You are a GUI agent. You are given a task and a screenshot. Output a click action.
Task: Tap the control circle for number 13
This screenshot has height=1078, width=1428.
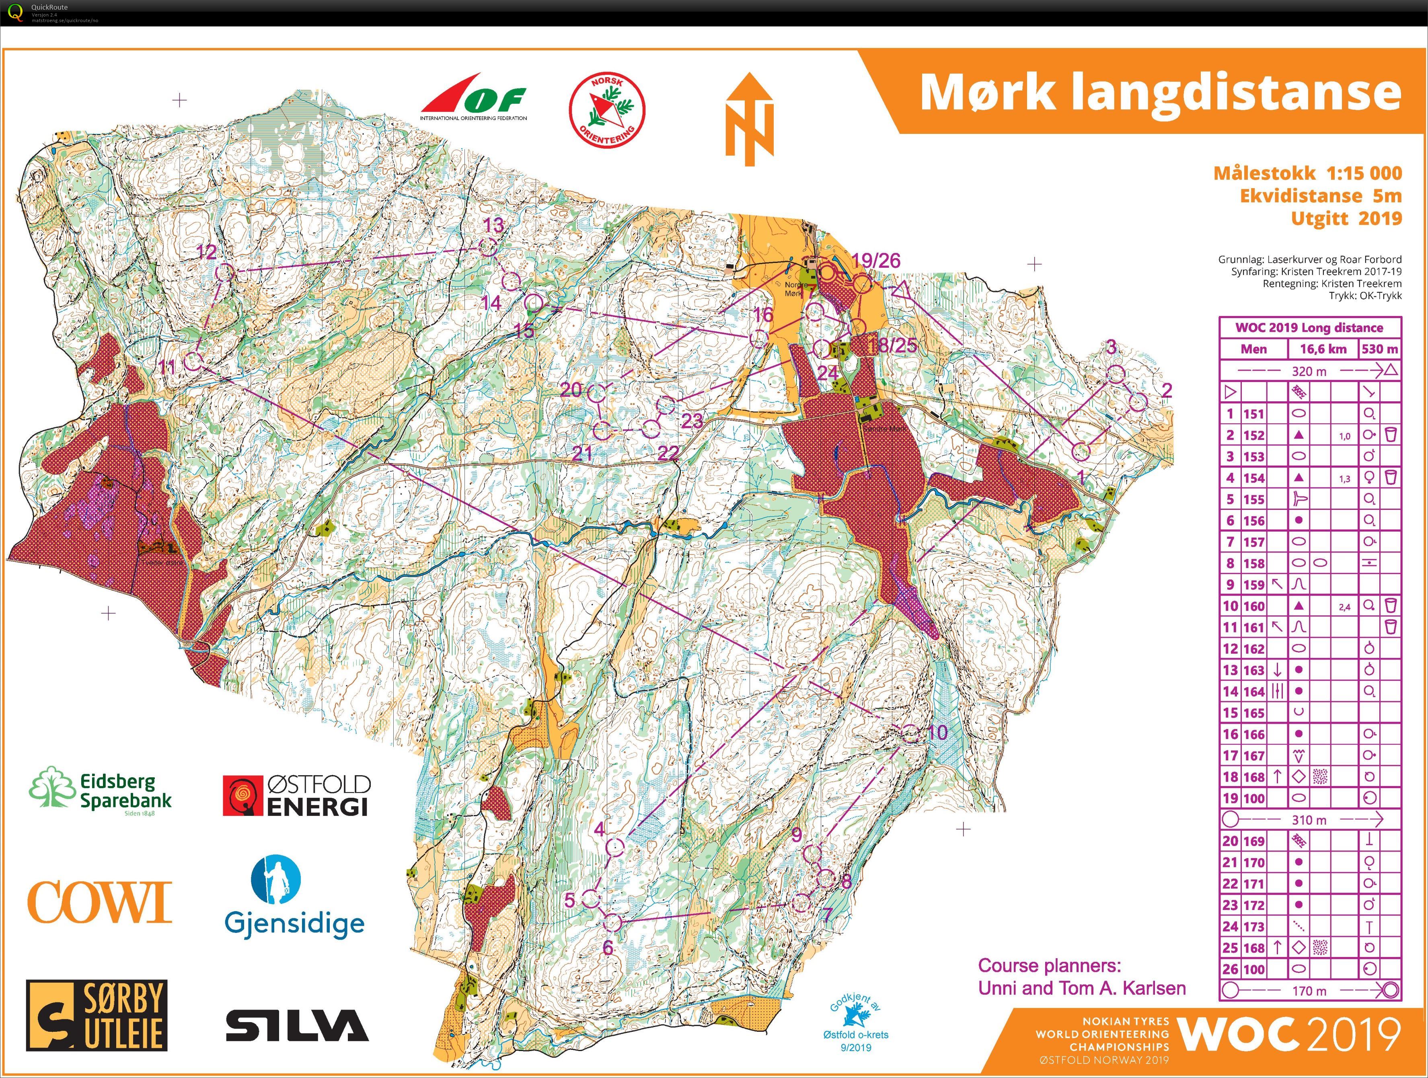pyautogui.click(x=488, y=246)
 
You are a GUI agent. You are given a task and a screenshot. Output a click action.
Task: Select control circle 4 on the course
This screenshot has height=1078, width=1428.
pyautogui.click(x=615, y=847)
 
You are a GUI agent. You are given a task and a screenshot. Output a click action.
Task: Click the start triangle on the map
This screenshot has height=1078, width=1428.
pyautogui.click(x=901, y=292)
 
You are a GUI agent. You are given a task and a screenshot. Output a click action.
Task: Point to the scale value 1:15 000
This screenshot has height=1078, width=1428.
pyautogui.click(x=1364, y=173)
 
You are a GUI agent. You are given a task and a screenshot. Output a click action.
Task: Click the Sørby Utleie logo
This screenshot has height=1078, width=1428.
pyautogui.click(x=97, y=1015)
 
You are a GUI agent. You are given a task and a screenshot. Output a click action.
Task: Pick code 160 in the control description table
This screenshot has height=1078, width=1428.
pyautogui.click(x=1254, y=606)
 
